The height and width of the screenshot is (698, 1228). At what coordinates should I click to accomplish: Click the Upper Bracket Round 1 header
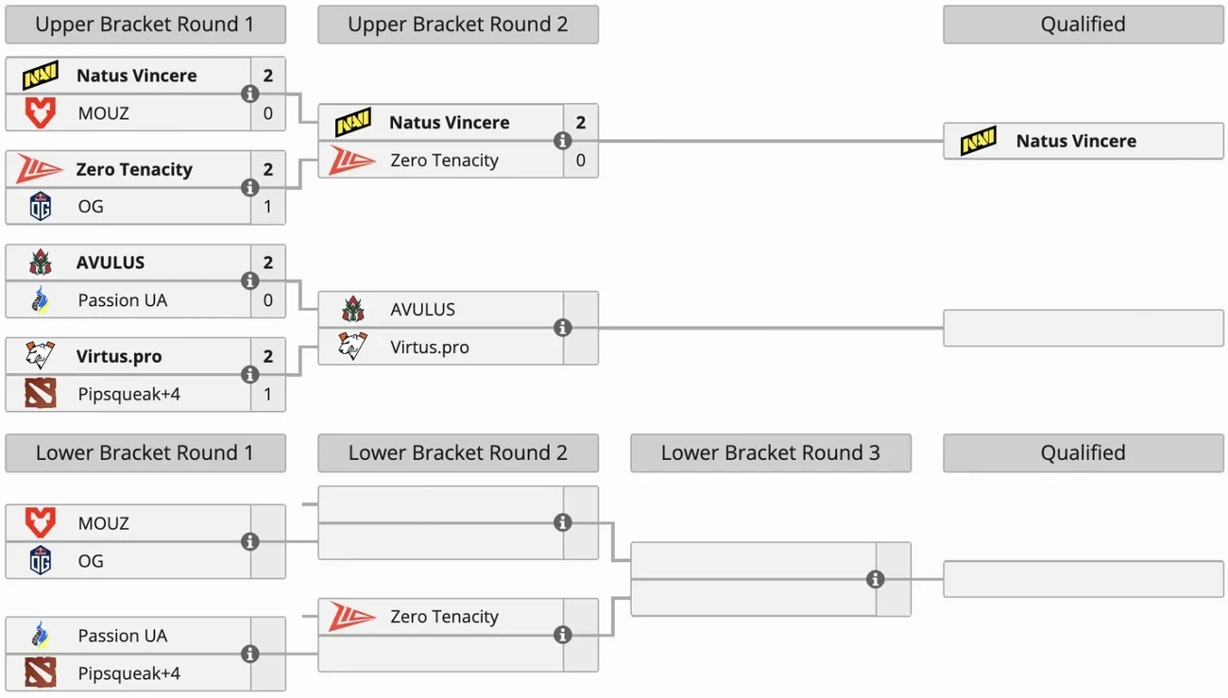[145, 25]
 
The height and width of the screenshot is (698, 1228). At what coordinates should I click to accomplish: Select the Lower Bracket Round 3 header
[770, 453]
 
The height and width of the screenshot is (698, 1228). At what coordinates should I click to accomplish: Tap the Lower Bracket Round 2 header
[457, 453]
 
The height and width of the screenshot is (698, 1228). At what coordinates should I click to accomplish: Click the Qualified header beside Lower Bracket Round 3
[1083, 453]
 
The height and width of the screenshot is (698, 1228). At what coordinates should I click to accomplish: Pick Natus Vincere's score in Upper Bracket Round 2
[580, 123]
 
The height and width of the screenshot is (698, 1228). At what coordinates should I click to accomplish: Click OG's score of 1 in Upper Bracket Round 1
[268, 206]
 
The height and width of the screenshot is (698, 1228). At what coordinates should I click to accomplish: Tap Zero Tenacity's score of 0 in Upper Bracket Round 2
[580, 161]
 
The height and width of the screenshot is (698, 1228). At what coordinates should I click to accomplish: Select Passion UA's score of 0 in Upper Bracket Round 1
[268, 300]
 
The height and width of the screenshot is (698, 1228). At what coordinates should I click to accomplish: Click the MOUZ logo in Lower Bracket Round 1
[41, 523]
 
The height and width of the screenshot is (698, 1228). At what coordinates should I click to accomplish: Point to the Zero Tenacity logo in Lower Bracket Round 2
[351, 617]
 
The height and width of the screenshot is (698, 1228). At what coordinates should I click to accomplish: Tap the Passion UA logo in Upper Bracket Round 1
[41, 300]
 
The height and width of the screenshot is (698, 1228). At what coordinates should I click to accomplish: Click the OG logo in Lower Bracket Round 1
[41, 560]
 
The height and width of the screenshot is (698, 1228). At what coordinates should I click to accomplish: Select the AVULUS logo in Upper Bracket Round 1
[41, 263]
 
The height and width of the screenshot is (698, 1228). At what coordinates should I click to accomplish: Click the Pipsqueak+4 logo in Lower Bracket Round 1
[41, 673]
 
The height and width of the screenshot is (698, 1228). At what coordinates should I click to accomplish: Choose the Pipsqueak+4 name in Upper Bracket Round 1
[128, 394]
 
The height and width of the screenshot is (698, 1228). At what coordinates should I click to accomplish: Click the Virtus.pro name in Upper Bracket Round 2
[429, 347]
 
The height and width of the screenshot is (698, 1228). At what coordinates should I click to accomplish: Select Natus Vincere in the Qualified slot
[1076, 141]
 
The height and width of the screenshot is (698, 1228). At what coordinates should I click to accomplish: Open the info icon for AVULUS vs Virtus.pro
[563, 328]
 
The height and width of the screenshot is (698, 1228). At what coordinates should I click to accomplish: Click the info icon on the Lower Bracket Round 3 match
[876, 579]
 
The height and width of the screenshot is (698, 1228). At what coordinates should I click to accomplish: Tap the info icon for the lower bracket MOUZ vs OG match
[250, 541]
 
